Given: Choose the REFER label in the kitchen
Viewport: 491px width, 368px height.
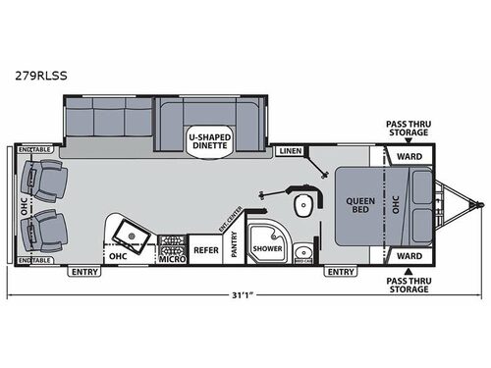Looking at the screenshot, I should coord(205,250).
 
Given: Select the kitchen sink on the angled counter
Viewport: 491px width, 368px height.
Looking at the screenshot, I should coord(129,232).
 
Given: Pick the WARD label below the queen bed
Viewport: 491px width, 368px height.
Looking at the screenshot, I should coord(409,255).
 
